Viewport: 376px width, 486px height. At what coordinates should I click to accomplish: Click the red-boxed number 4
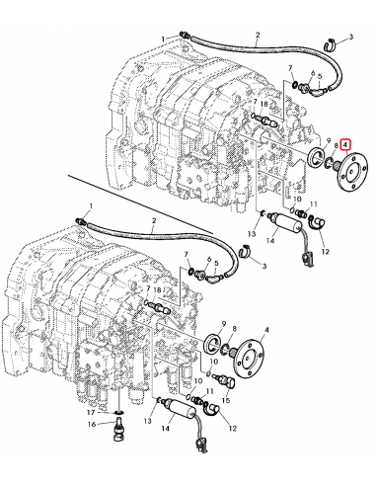[344, 145]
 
